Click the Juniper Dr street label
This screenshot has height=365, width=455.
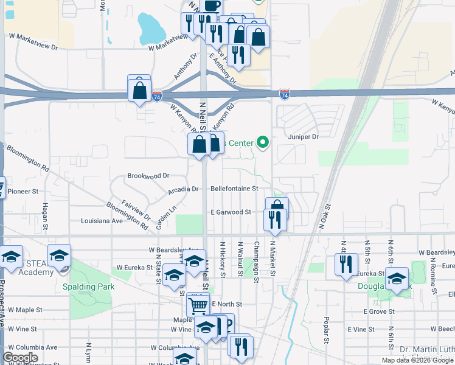304,137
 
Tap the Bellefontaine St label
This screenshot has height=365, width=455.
234,189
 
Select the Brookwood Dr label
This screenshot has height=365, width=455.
148,176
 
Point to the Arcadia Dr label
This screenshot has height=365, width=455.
183,189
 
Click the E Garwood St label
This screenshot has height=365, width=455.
231,212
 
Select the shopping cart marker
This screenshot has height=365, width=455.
198,304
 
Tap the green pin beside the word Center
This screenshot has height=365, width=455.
263,143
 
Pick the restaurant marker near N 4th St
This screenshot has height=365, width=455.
346,265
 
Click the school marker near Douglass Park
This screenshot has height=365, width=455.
397,279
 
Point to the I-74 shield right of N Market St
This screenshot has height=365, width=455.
284,94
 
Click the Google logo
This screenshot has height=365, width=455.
21,358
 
